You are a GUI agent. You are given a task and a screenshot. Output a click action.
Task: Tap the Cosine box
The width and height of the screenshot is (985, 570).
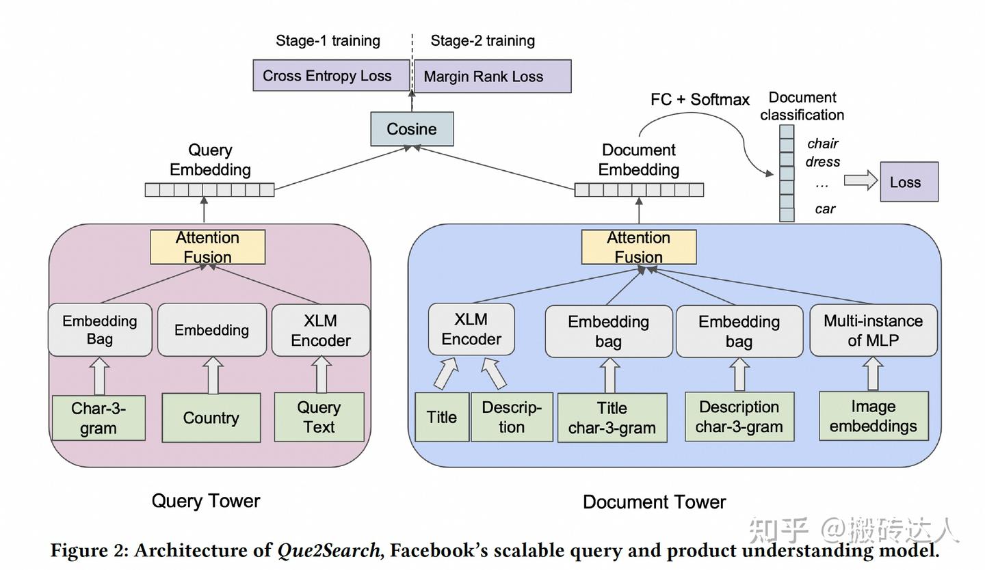click(x=412, y=129)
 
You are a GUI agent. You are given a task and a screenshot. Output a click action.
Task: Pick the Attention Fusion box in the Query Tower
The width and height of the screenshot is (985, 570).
click(x=207, y=247)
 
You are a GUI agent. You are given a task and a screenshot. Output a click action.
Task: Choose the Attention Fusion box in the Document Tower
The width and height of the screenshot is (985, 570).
click(x=639, y=247)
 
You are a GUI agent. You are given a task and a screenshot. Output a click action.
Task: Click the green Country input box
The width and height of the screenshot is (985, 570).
click(x=211, y=418)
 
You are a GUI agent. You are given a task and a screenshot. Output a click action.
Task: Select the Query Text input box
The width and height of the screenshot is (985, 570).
click(x=319, y=417)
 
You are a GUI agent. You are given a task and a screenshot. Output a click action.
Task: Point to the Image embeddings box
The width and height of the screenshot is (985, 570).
click(x=874, y=416)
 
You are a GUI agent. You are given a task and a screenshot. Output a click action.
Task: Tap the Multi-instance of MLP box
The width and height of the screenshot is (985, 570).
click(x=873, y=331)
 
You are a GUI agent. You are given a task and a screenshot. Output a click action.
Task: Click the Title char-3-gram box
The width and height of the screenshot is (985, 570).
click(x=612, y=418)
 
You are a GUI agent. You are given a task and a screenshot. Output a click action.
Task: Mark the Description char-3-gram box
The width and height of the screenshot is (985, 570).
click(x=739, y=417)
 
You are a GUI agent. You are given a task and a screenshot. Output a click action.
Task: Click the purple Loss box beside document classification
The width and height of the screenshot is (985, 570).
click(x=908, y=182)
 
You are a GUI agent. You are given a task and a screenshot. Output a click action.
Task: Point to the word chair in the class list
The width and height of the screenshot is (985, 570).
click(x=822, y=144)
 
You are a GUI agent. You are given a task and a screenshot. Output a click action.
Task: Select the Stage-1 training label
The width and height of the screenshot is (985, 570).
click(x=328, y=41)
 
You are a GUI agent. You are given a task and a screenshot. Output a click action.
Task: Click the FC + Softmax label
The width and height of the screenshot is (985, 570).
click(x=700, y=100)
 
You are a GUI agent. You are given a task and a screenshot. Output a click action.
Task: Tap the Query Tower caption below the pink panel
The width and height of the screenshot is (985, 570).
click(x=206, y=501)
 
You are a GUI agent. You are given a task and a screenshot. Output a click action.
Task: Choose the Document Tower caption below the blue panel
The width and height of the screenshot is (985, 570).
click(x=654, y=502)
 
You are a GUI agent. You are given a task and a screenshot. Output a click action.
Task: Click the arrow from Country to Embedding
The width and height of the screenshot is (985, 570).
click(x=212, y=375)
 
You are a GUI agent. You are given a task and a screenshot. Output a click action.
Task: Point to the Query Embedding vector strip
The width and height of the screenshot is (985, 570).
click(x=209, y=190)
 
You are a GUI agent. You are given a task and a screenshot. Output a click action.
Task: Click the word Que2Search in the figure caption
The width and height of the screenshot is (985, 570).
click(x=330, y=551)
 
